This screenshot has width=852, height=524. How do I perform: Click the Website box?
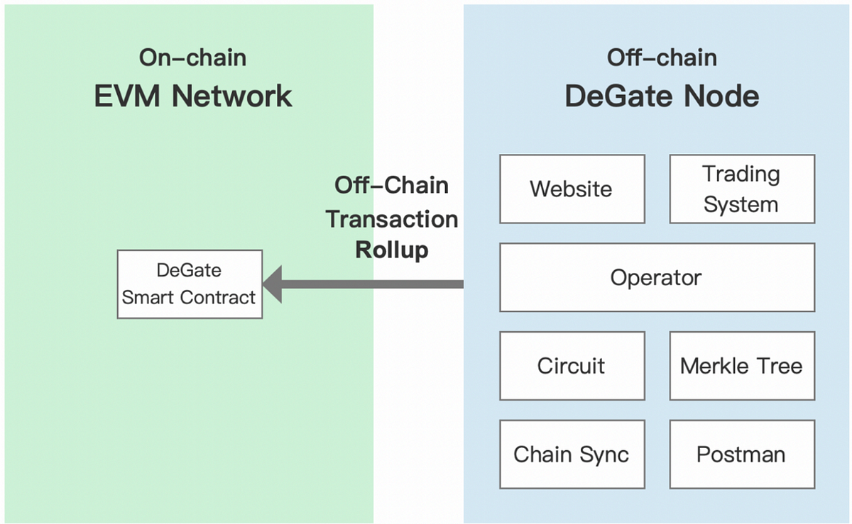(x=572, y=189)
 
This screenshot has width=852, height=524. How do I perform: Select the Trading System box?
(x=742, y=189)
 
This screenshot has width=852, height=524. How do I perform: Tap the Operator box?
(x=657, y=277)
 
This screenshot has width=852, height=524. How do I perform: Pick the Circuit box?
(x=572, y=366)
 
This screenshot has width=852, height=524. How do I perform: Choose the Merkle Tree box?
(x=742, y=366)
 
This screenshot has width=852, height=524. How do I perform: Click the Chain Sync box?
(x=572, y=455)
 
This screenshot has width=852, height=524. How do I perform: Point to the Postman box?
(x=742, y=455)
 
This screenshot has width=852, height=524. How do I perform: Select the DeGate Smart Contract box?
(x=190, y=284)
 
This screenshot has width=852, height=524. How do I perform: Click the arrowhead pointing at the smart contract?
(x=273, y=284)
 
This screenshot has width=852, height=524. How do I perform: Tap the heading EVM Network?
(x=193, y=96)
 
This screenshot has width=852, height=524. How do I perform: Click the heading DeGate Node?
(x=662, y=96)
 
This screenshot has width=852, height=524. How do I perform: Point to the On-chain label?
(x=192, y=57)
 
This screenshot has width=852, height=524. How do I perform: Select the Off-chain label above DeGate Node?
(x=662, y=57)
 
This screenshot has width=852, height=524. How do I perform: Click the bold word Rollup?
(x=392, y=250)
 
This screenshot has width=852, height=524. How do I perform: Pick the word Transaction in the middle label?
(x=392, y=219)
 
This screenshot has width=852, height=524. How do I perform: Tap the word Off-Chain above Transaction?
(x=391, y=185)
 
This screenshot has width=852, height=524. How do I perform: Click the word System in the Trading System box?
(x=741, y=205)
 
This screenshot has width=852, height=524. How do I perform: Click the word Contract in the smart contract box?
(x=217, y=297)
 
